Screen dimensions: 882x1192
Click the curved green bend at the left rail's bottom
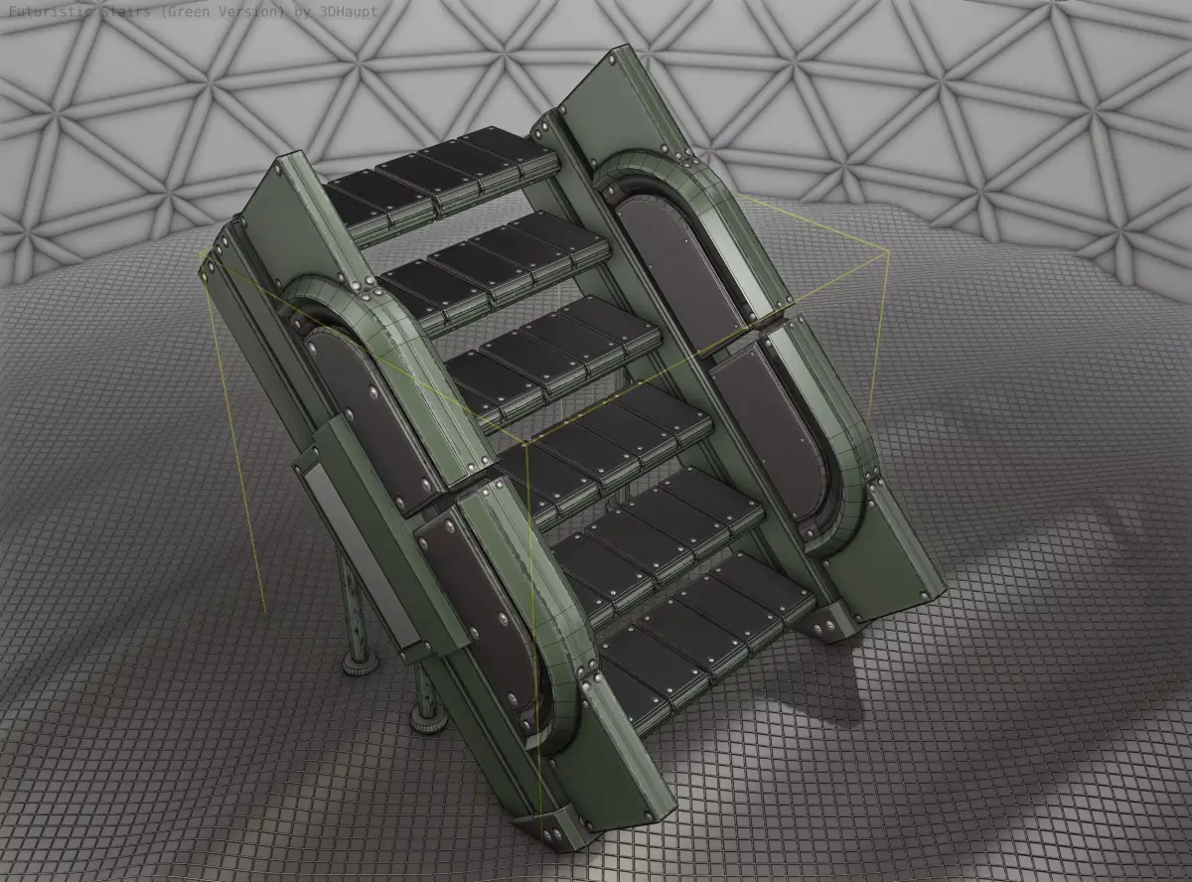tap(561, 715)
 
